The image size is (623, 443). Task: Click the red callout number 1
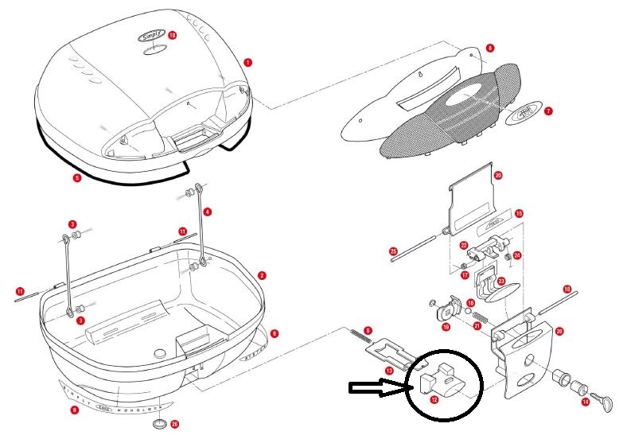[x=248, y=61]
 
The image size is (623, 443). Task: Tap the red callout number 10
[x=173, y=36]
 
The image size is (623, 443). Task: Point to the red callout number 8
[x=490, y=49]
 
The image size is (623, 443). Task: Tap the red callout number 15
[x=519, y=214]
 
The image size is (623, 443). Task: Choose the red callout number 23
[x=501, y=281]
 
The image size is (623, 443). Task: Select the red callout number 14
[x=586, y=402]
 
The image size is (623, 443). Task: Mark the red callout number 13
[x=389, y=371]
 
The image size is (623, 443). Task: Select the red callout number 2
[x=262, y=275]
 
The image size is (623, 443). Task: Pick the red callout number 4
[x=208, y=212]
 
